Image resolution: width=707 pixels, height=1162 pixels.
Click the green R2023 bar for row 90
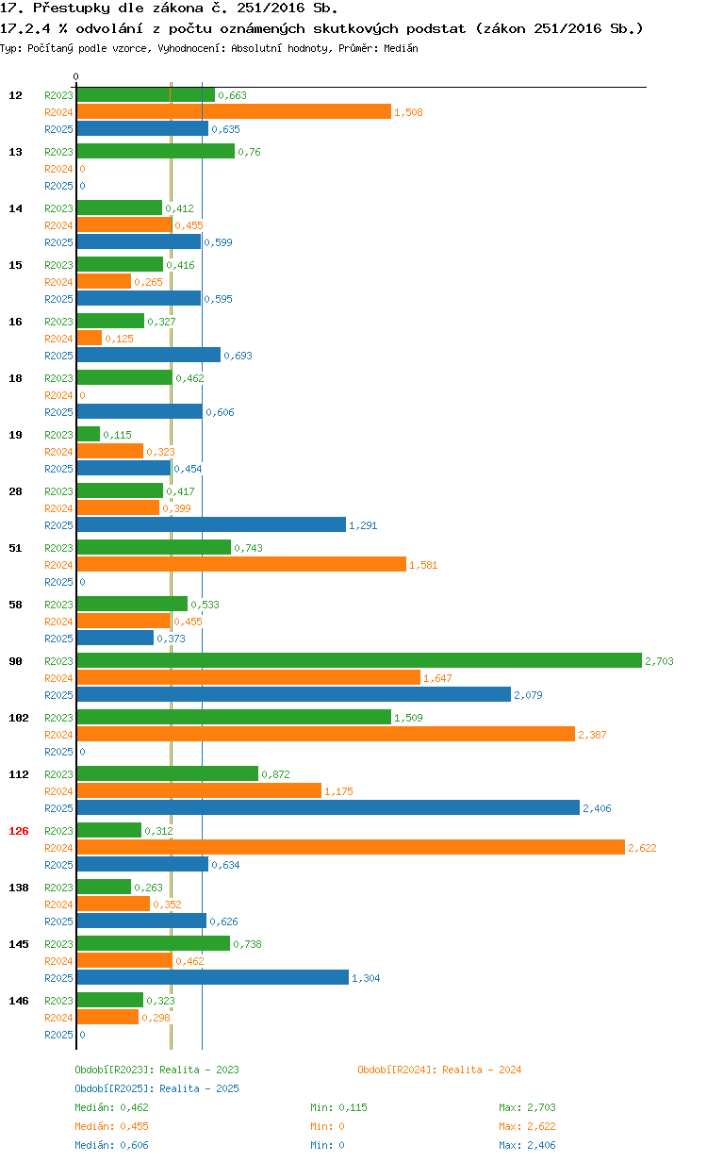[359, 660]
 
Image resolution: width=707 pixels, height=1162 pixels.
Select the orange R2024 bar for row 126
[351, 847]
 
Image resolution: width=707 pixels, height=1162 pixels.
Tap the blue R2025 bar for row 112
[328, 807]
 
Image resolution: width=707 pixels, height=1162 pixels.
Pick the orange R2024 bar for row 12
[234, 111]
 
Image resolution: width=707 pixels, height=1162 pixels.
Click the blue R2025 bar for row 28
[211, 524]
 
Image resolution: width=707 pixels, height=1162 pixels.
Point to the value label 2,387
[592, 735]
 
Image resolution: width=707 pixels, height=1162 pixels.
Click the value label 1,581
[423, 565]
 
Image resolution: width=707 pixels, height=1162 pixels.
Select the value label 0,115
[117, 435]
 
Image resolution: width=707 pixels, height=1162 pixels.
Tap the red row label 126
[19, 831]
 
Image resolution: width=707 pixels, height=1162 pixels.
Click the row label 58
[15, 605]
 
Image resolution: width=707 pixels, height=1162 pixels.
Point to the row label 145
[19, 944]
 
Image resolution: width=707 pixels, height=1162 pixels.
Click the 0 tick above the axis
[75, 76]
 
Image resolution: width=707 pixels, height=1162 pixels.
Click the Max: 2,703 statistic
[527, 1107]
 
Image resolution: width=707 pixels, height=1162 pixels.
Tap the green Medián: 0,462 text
[111, 1107]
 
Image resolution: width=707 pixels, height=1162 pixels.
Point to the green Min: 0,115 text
[338, 1107]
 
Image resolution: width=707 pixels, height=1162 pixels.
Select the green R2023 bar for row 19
[89, 434]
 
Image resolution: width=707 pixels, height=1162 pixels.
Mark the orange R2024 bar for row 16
[90, 338]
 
